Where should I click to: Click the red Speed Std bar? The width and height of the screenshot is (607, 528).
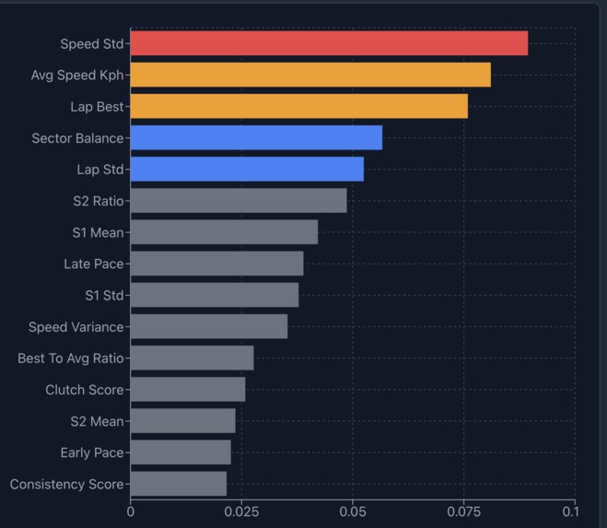point(329,43)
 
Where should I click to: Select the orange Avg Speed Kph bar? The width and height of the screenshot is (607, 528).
point(310,75)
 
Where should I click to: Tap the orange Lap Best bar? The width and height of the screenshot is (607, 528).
point(298,106)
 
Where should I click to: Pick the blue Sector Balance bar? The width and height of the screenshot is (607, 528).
point(256,138)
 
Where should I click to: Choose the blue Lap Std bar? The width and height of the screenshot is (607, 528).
point(247,170)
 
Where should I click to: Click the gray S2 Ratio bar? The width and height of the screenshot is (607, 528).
point(239,201)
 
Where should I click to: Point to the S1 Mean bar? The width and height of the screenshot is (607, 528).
point(224,232)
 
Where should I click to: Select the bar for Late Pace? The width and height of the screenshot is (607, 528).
point(216,264)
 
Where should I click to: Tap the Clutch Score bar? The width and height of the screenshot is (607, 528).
point(188,390)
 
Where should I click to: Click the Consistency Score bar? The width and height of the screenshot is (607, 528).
point(179,484)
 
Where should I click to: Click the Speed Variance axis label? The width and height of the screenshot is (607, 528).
point(76,327)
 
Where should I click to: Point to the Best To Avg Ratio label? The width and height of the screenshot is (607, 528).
point(70,358)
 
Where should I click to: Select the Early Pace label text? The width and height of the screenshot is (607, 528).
point(91,452)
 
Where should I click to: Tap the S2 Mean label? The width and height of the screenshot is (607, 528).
point(97,421)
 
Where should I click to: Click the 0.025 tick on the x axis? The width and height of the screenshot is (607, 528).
point(241,510)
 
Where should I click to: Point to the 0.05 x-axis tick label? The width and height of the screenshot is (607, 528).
point(353,510)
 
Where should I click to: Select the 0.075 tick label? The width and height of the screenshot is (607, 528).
point(463,510)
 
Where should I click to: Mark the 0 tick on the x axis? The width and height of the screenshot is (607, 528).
point(131,510)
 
